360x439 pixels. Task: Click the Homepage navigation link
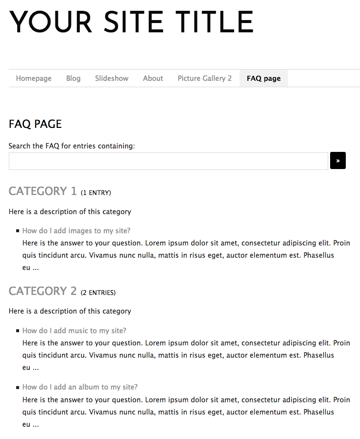click(x=34, y=78)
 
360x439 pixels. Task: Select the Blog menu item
click(x=73, y=78)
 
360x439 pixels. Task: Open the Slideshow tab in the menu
click(x=112, y=78)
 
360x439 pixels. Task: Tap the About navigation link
click(x=153, y=78)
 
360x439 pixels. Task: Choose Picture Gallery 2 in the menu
click(x=205, y=78)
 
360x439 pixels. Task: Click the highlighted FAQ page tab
click(x=264, y=78)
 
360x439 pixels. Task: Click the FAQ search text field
click(x=168, y=161)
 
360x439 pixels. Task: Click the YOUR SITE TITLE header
click(x=131, y=23)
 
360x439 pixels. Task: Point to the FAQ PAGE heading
click(x=35, y=124)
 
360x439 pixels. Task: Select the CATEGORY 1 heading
click(x=43, y=191)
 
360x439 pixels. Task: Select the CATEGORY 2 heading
click(x=43, y=291)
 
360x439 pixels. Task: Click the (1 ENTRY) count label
click(x=96, y=193)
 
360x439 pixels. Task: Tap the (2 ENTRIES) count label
click(x=98, y=293)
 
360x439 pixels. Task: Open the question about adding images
click(x=76, y=231)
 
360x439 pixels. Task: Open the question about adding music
click(x=74, y=331)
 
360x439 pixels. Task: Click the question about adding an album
click(x=80, y=387)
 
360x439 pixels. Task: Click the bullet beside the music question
click(x=18, y=331)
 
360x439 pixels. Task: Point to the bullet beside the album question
click(x=18, y=388)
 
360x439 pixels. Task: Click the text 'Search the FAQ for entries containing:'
click(x=72, y=146)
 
